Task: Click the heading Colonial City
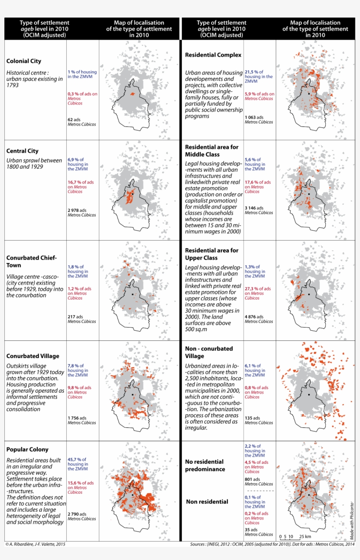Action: click(x=24, y=61)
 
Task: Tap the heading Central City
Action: click(x=22, y=151)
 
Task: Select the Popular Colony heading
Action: click(x=28, y=449)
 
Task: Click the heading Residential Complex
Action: click(x=213, y=55)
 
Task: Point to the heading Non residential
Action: click(x=207, y=502)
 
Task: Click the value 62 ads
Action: click(x=74, y=119)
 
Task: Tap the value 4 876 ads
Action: click(x=253, y=317)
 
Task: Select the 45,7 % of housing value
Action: click(x=77, y=459)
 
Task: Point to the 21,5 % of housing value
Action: click(x=254, y=72)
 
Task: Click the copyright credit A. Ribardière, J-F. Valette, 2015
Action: click(x=35, y=544)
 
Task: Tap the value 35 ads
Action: click(x=251, y=530)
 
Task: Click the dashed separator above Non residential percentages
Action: click(x=259, y=491)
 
